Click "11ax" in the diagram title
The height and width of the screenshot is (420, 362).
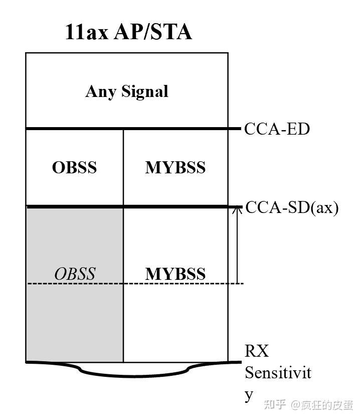(87, 32)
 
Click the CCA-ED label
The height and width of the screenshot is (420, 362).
(277, 129)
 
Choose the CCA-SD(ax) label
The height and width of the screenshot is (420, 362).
(292, 207)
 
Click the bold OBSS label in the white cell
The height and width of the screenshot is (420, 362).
(74, 167)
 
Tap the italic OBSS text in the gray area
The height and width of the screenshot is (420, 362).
(74, 274)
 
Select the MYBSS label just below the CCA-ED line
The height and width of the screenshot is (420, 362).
(175, 167)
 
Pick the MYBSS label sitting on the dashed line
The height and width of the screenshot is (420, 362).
(175, 274)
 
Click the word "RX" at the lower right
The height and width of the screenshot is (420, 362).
(256, 351)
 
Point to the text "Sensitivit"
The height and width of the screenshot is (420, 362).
(278, 373)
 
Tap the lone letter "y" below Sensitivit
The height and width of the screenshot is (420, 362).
(249, 395)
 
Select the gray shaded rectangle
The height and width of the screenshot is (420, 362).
(74, 322)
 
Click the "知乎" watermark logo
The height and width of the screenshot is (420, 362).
(276, 405)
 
